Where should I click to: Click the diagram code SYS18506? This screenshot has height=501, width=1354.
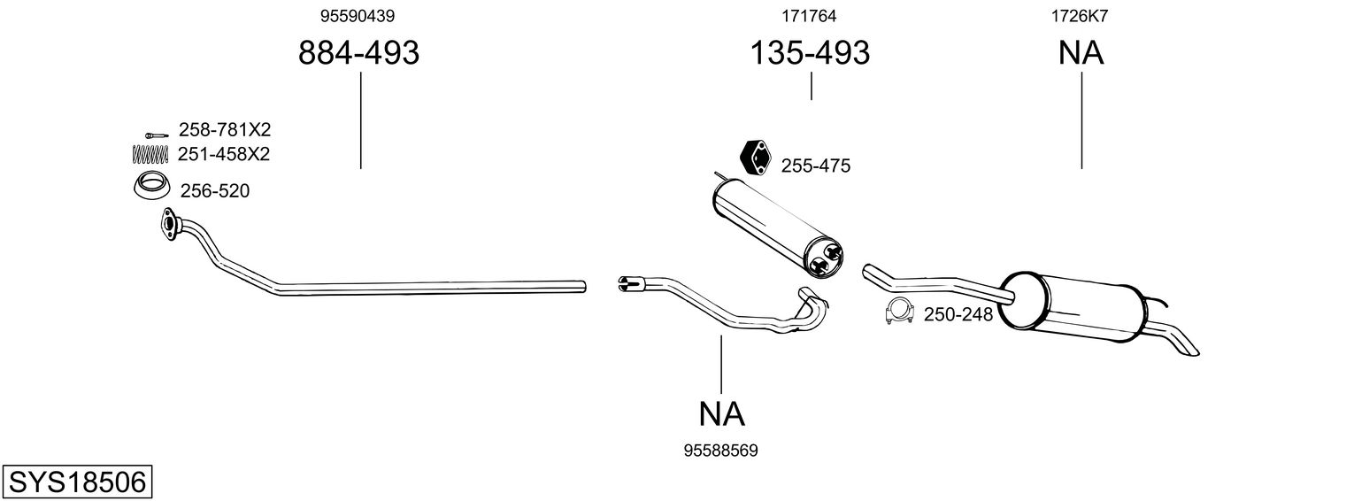[x=76, y=483]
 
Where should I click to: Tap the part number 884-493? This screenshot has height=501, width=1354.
[x=358, y=54]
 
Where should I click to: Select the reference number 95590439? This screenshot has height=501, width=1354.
[x=358, y=16]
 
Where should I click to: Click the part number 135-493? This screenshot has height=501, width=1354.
[x=810, y=54]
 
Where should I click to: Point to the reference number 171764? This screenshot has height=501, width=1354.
[x=809, y=16]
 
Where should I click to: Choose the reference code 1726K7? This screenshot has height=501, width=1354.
[x=1080, y=16]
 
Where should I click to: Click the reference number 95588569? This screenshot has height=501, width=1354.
[x=721, y=451]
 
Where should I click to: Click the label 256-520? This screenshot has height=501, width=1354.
[x=215, y=190]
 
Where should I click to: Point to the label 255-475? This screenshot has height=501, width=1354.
[x=816, y=166]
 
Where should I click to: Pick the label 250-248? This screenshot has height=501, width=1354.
[x=958, y=314]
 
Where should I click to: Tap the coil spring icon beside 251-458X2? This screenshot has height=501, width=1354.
[x=150, y=154]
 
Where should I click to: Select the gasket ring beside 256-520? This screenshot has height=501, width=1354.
[x=150, y=189]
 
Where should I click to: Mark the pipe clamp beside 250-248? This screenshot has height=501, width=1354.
[x=899, y=313]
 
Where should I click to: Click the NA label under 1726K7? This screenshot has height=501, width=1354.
[x=1081, y=54]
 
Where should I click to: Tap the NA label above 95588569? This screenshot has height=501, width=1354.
[x=721, y=413]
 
